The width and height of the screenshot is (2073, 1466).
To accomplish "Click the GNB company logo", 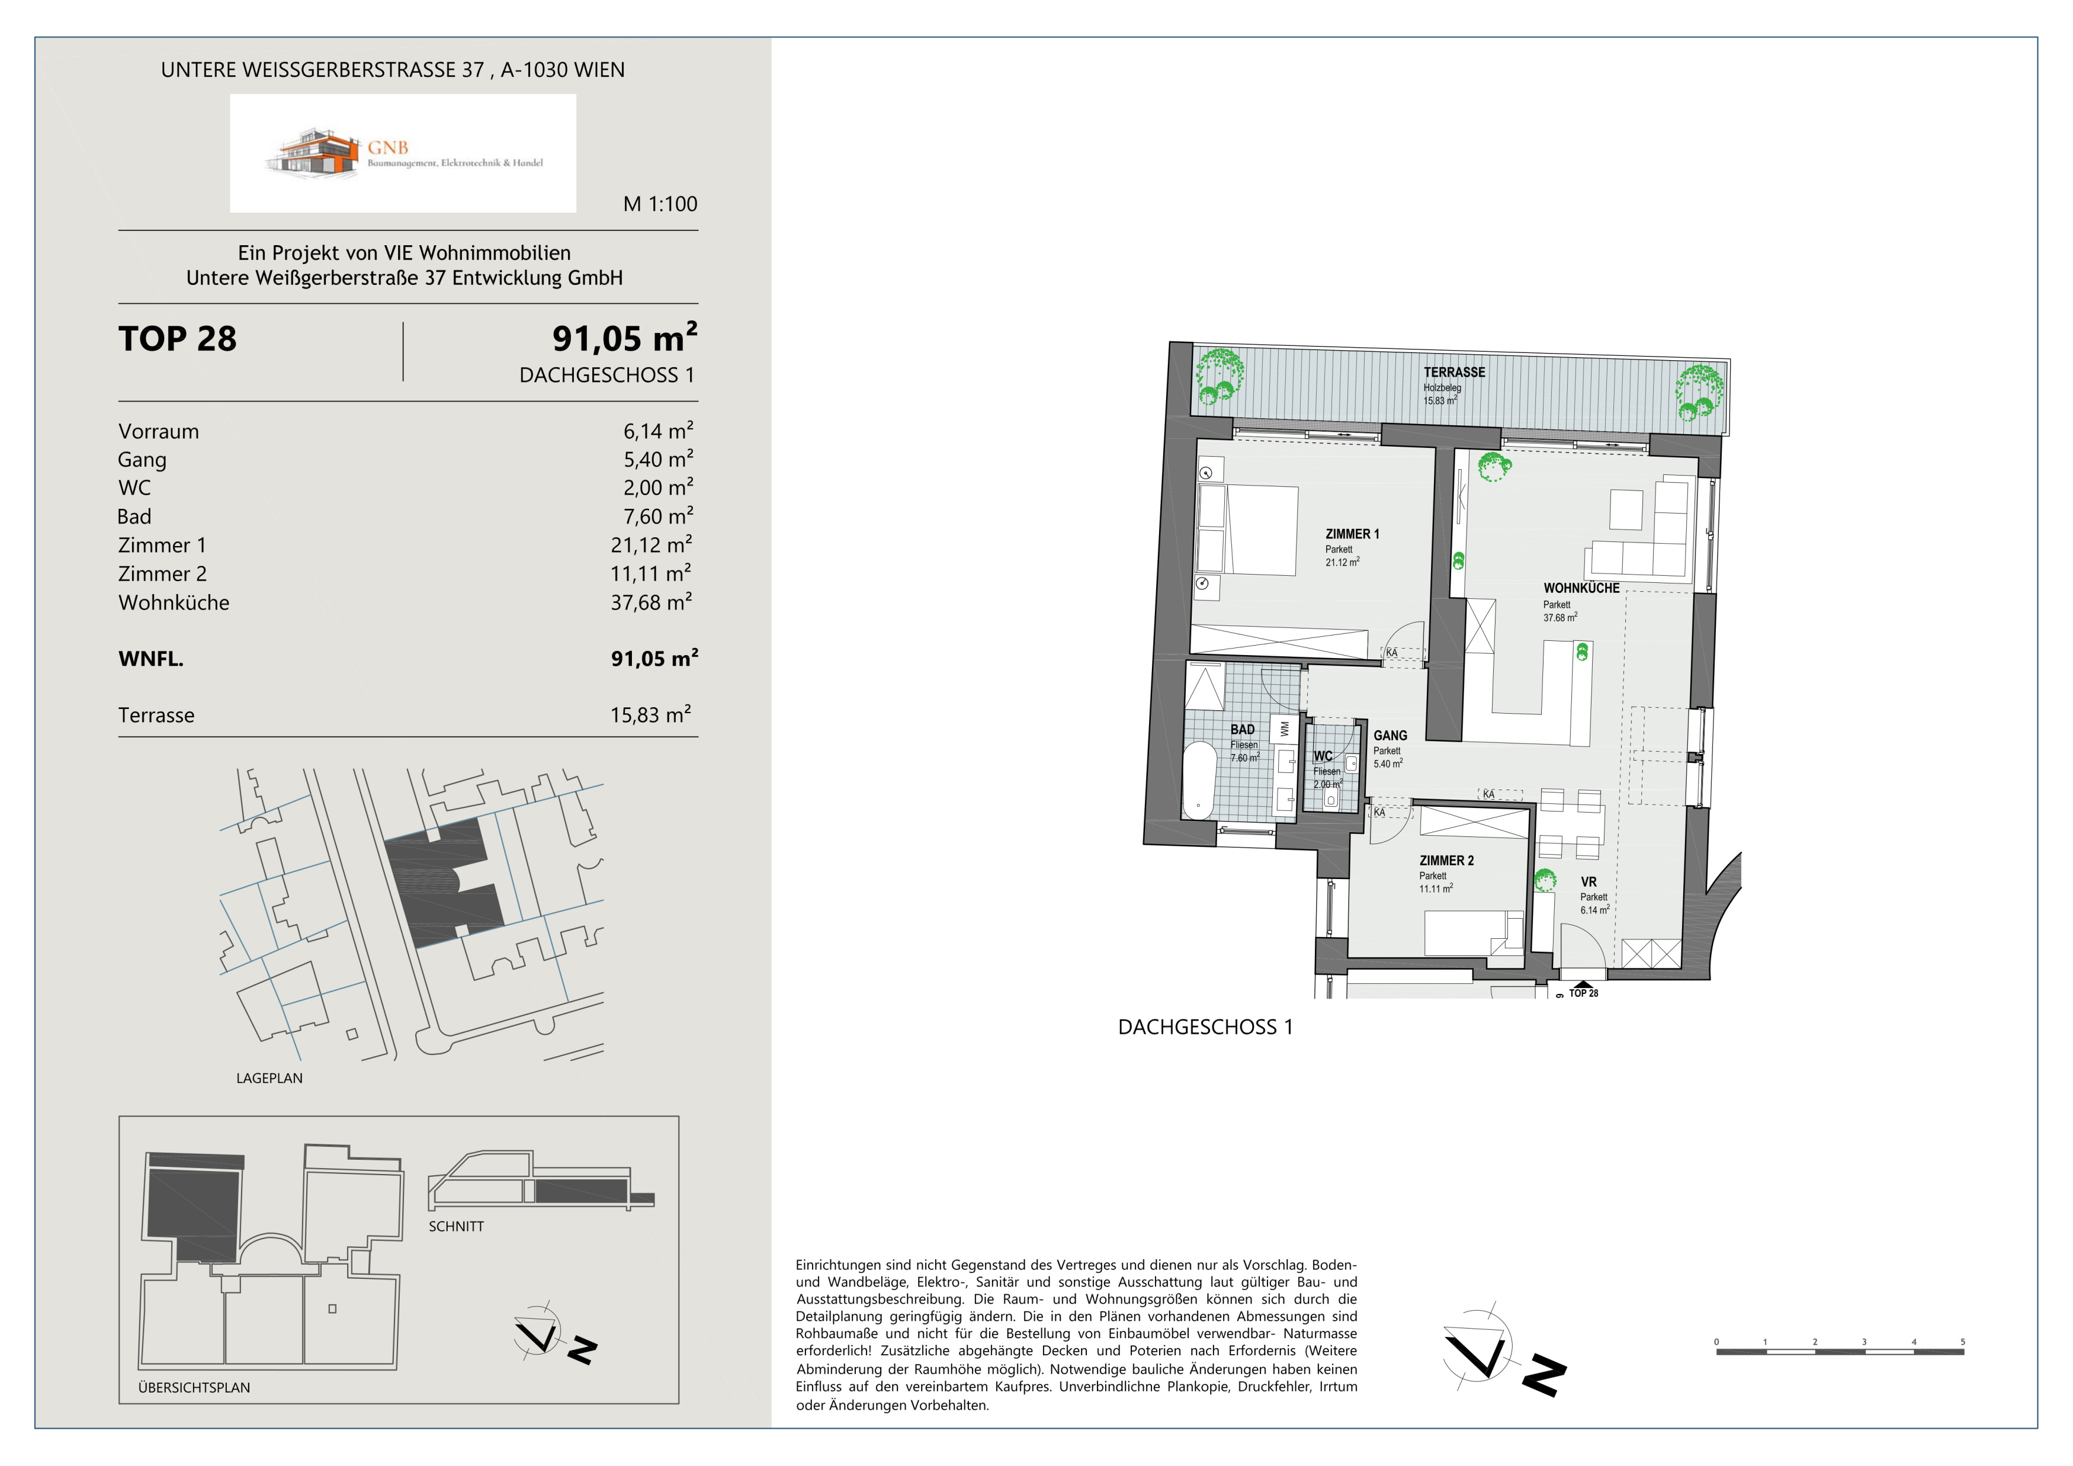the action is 403,153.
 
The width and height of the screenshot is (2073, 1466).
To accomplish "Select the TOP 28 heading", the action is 178,339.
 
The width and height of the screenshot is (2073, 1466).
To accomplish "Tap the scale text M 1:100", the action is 660,204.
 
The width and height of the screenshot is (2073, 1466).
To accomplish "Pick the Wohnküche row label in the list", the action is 174,603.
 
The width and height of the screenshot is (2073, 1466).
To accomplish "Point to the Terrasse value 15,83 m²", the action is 650,715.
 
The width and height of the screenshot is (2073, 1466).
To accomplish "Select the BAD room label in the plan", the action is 1243,729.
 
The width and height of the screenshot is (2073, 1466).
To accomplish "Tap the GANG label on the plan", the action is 1391,736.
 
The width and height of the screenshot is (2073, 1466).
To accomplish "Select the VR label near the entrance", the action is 1588,882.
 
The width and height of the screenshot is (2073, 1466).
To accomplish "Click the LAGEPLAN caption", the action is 269,1079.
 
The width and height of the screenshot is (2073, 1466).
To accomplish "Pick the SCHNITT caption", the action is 456,1227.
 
